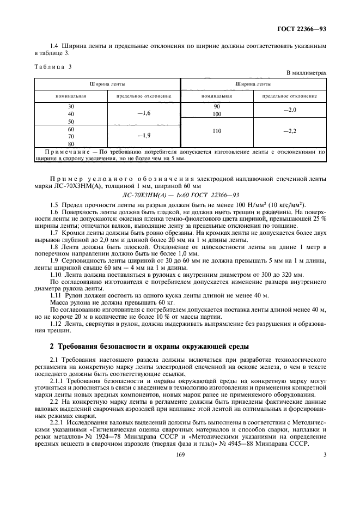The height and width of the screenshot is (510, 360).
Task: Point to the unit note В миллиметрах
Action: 306,72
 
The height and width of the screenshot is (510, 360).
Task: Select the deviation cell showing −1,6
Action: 143,113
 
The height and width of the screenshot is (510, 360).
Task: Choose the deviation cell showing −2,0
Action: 290,110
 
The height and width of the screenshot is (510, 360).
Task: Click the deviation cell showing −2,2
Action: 290,132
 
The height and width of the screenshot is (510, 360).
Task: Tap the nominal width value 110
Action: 217,132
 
